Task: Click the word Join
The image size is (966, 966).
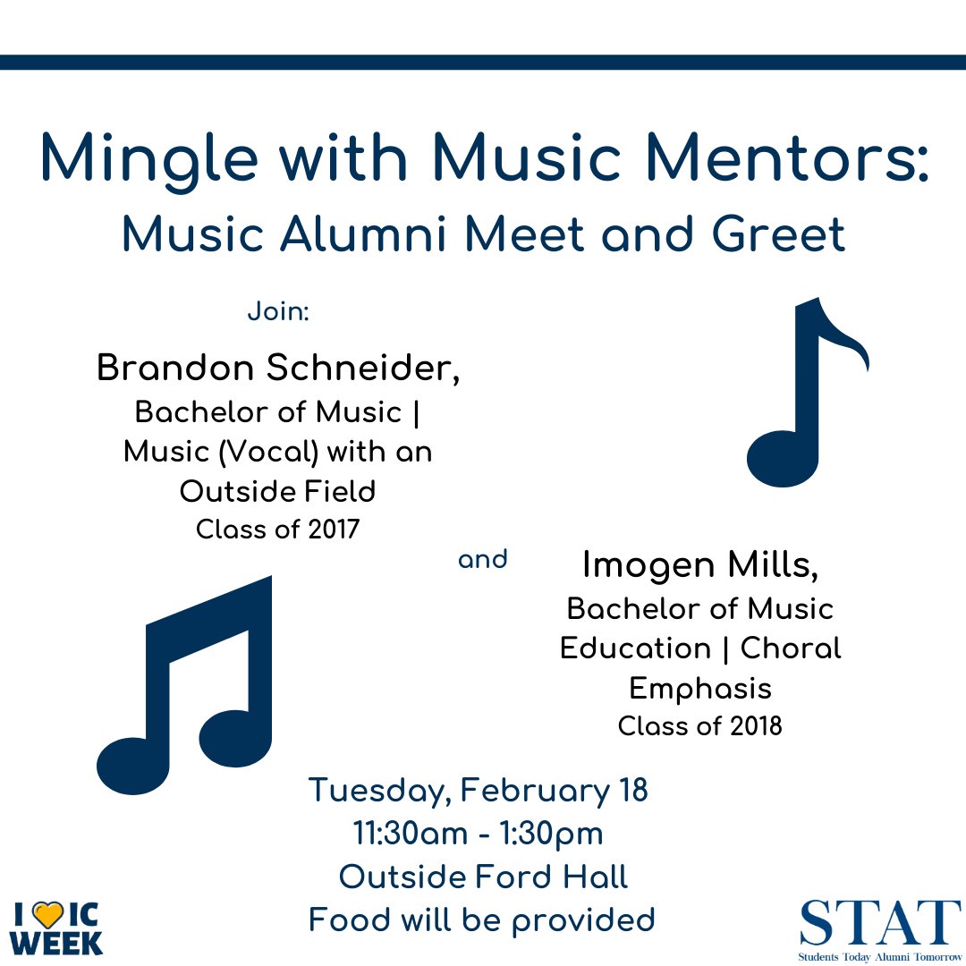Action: click(x=277, y=315)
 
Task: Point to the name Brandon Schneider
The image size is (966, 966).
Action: click(x=278, y=369)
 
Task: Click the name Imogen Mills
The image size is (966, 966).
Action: click(x=700, y=564)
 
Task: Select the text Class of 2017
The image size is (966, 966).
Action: click(x=277, y=530)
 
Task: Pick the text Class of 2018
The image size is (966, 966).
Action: click(x=699, y=725)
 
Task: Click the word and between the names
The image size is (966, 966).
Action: click(x=482, y=560)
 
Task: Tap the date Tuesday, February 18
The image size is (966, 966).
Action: click(x=478, y=791)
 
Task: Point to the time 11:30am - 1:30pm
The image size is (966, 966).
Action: click(x=478, y=834)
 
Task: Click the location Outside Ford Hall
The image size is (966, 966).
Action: click(x=483, y=877)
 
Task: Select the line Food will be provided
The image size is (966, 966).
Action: click(x=481, y=919)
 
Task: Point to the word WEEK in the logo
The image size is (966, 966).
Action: click(x=59, y=942)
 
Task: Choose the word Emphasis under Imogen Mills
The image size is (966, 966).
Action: click(x=699, y=688)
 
